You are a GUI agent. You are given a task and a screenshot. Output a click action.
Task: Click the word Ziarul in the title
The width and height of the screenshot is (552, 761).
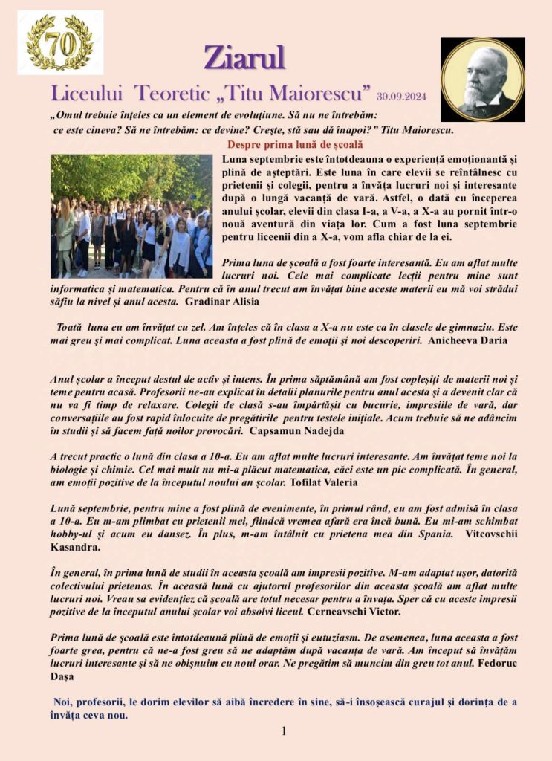click(244, 57)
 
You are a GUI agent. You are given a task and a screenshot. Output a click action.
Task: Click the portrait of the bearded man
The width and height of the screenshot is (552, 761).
click(482, 80)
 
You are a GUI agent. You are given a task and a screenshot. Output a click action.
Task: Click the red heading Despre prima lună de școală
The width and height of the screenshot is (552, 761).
click(295, 144)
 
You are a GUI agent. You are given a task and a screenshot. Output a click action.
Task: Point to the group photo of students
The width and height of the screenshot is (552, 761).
click(131, 216)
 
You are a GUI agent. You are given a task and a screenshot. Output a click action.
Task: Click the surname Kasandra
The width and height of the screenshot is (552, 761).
click(75, 546)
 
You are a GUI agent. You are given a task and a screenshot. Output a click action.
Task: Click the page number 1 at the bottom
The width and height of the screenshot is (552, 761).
click(283, 731)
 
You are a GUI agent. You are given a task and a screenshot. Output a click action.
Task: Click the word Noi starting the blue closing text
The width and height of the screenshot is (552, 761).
click(62, 702)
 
